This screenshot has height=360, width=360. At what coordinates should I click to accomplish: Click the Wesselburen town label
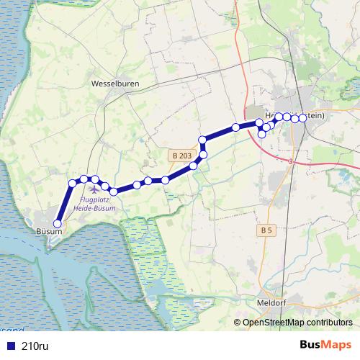click(115, 84)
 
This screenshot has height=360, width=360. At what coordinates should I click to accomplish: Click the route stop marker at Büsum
click(58, 223)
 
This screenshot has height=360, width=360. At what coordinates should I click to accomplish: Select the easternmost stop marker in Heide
click(302, 118)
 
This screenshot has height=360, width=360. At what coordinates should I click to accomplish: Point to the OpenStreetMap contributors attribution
click(297, 323)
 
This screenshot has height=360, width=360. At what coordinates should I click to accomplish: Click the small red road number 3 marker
click(289, 161)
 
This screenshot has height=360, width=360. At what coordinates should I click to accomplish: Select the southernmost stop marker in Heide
click(261, 134)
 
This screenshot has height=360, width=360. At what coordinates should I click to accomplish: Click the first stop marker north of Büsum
click(72, 184)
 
